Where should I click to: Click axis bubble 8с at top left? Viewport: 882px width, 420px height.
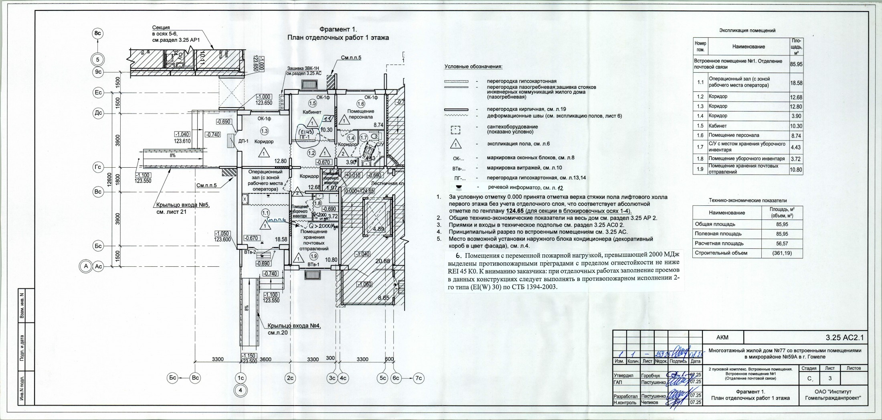pyautogui.click(x=98, y=34)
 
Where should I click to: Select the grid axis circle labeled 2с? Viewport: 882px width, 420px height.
pyautogui.click(x=290, y=378)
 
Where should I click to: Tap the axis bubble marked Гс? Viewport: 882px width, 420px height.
pyautogui.click(x=98, y=167)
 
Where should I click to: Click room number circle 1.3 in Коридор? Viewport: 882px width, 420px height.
pyautogui.click(x=264, y=131)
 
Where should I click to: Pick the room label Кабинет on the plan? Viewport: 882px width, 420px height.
pyautogui.click(x=312, y=112)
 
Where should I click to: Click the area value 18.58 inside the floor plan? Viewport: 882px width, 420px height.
pyautogui.click(x=281, y=239)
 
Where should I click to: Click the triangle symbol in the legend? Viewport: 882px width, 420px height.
pyautogui.click(x=456, y=144)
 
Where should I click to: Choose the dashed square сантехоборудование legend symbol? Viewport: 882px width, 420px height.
pyautogui.click(x=456, y=129)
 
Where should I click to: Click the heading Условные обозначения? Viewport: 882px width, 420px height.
pyautogui.click(x=473, y=67)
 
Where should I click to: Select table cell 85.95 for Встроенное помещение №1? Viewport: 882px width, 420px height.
pyautogui.click(x=796, y=64)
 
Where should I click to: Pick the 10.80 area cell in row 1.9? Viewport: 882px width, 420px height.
pyautogui.click(x=796, y=169)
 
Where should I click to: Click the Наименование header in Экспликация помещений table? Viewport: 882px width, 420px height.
pyautogui.click(x=748, y=47)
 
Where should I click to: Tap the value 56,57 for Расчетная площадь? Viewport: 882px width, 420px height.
pyautogui.click(x=782, y=243)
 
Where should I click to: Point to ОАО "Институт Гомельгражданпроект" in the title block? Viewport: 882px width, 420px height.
pyautogui.click(x=833, y=395)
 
